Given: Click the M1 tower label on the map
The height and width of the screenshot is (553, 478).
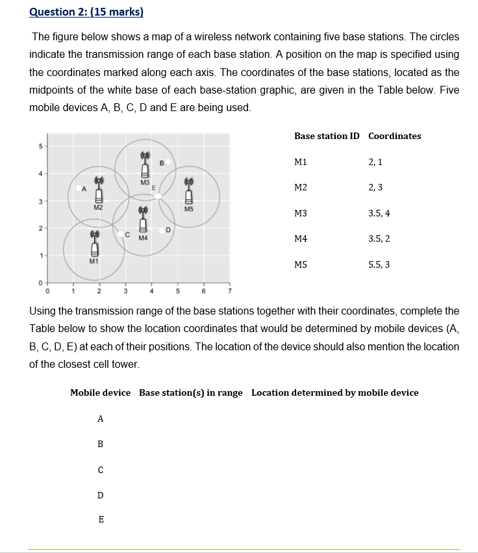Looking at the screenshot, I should [94, 261].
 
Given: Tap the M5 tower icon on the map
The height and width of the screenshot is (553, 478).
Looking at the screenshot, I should [188, 192].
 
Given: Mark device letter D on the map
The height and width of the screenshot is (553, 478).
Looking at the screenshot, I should [168, 229].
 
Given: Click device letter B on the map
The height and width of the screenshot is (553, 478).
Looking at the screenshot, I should [161, 162].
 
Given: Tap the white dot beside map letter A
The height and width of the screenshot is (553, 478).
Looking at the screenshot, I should [78, 188].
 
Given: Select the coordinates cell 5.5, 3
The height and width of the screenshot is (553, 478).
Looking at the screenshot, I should [379, 264].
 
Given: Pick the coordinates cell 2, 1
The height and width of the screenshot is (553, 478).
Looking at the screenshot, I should [375, 162].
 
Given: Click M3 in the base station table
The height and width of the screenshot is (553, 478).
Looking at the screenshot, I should [301, 213].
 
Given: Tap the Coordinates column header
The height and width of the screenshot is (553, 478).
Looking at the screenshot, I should [394, 136].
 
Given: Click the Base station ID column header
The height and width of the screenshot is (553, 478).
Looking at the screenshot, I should [326, 136].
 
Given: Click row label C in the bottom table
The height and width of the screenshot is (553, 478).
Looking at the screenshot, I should [100, 470].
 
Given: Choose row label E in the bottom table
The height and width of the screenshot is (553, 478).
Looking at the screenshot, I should [100, 519].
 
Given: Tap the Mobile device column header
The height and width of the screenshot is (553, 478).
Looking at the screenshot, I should [100, 392].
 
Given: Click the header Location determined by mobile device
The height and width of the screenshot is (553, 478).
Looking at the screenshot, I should [334, 392].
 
